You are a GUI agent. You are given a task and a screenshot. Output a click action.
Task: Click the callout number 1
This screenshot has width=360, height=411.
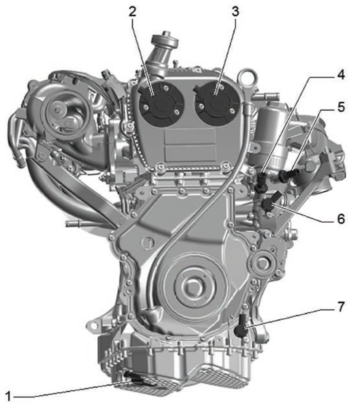tap(8, 397)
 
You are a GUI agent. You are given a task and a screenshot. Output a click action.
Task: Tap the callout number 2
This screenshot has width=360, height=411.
tap(133, 11)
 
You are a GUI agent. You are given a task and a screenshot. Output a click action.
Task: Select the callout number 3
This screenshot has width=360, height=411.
tap(235, 11)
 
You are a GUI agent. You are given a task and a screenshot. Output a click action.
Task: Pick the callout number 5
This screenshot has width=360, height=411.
tap(341, 107)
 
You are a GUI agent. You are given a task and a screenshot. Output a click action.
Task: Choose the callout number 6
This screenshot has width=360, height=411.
tap(341, 219)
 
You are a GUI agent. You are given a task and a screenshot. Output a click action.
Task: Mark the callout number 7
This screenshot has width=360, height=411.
tap(341, 307)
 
